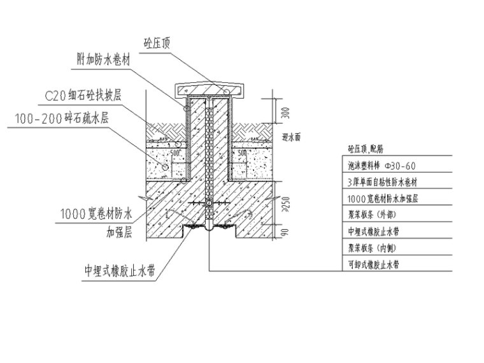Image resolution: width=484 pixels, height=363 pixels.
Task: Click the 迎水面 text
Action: tap(291, 136)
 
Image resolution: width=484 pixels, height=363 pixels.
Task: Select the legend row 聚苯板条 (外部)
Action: tap(373, 215)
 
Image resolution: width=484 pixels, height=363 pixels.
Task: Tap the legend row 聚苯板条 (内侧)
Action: tap(373, 248)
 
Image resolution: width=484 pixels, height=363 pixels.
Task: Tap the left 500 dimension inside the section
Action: tap(176, 153)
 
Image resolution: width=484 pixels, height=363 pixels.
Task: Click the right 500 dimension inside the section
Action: tap(242, 153)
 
